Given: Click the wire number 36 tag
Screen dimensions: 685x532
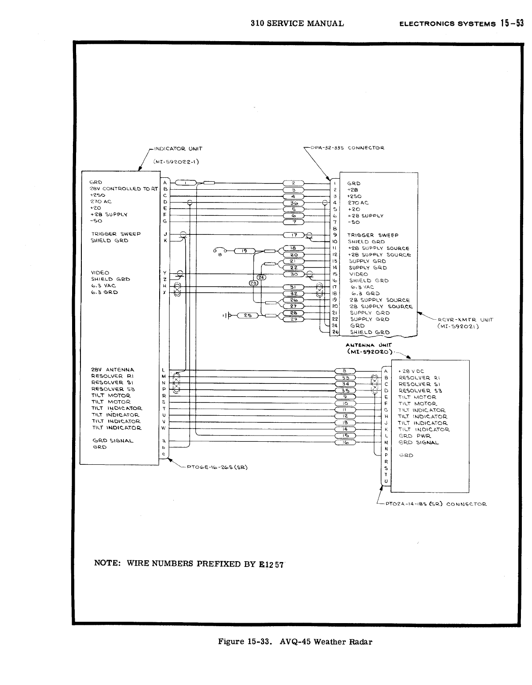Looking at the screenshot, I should pos(293,203).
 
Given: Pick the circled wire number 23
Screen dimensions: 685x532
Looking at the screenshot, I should pos(253,283).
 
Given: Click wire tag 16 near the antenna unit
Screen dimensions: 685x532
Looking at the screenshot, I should pos(346,442).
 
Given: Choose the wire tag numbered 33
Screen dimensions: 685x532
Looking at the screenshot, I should pos(346,378).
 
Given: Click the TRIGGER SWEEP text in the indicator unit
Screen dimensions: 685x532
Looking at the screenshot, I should pos(116,234).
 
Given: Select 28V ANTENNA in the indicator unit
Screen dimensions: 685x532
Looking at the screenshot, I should pos(113,370).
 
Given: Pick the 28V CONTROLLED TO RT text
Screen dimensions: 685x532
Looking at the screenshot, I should pos(123,189).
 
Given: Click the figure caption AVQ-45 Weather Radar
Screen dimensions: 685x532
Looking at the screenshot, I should pos(295,642).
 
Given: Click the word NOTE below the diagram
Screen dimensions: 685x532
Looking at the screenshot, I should pos(107,563).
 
